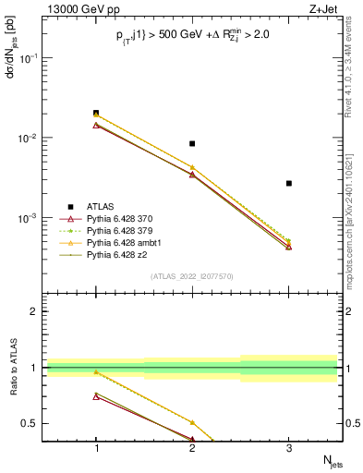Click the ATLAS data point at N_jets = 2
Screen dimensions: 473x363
(192, 143)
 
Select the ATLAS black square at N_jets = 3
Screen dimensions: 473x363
(289, 183)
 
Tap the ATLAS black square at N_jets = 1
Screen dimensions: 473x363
(96, 113)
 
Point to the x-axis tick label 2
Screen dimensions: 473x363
(192, 449)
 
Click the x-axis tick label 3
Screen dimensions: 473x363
(289, 449)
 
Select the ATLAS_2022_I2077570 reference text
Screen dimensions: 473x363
(192, 276)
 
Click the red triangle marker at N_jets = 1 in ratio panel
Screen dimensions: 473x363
(96, 396)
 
